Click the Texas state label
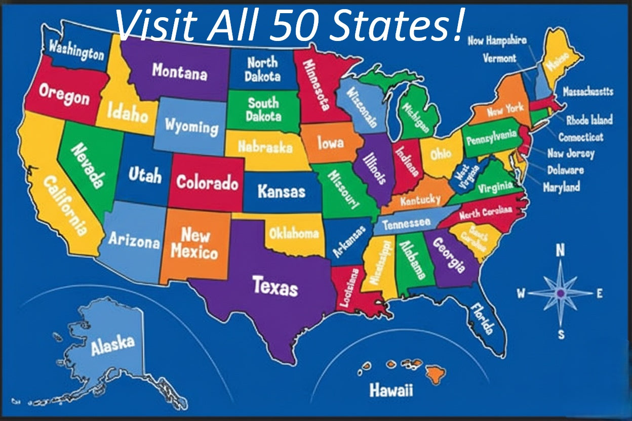point(275,286)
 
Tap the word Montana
point(179,71)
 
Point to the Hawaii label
point(390,390)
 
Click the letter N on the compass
point(560,250)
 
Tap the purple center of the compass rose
point(560,293)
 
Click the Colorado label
point(207,182)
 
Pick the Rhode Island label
point(589,120)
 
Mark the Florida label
point(481,318)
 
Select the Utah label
point(145,175)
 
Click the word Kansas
point(281,191)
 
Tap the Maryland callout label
point(561,187)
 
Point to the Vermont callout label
point(499,58)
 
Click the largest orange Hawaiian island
point(435,374)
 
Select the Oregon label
point(64,96)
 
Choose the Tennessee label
point(406,224)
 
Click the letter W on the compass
point(521,293)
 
